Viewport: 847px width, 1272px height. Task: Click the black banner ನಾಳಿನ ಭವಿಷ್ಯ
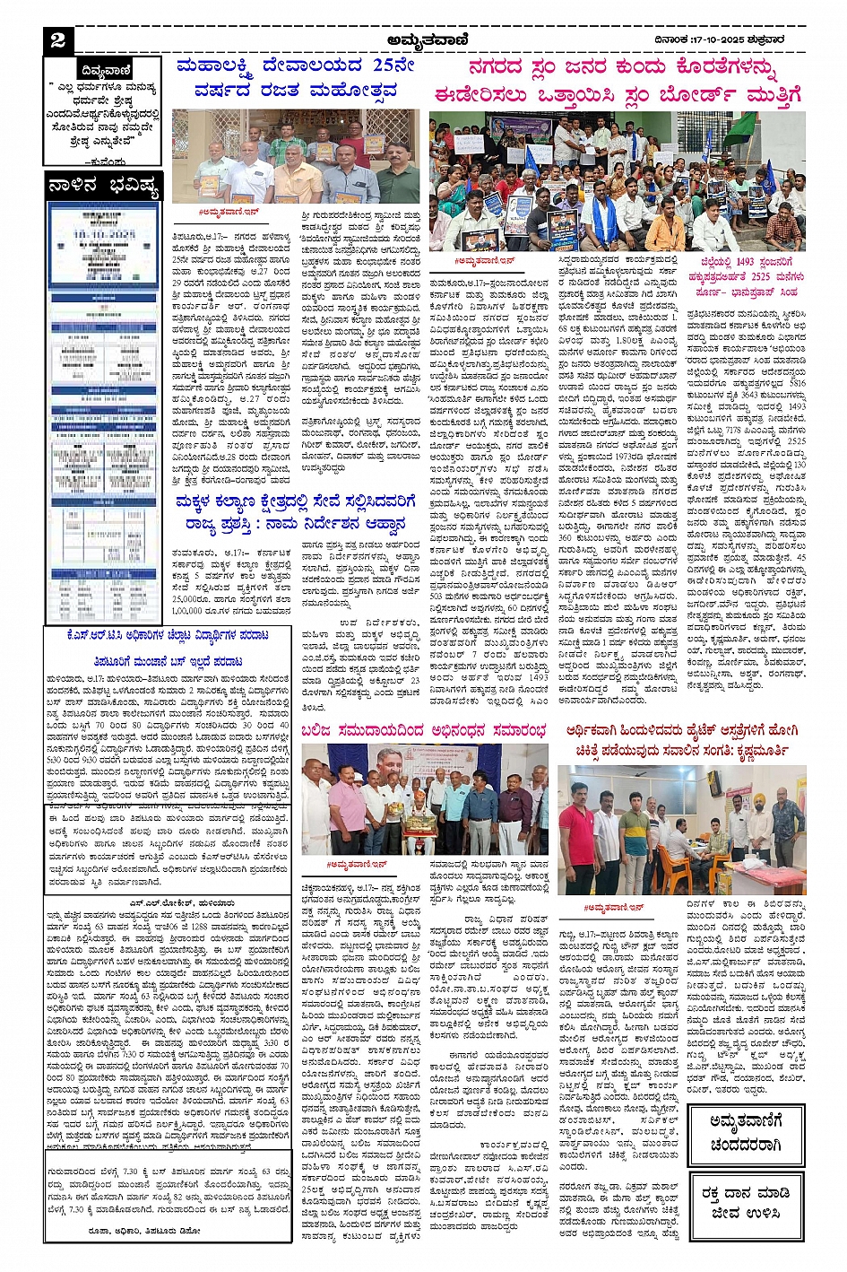pyautogui.click(x=103, y=187)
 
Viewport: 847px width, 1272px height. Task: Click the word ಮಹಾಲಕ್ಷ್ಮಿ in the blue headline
pyautogui.click(x=220, y=65)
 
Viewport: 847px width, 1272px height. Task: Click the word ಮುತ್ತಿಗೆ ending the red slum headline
pyautogui.click(x=766, y=95)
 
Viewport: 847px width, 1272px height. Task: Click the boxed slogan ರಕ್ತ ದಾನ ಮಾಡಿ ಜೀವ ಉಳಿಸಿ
pyautogui.click(x=746, y=1204)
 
